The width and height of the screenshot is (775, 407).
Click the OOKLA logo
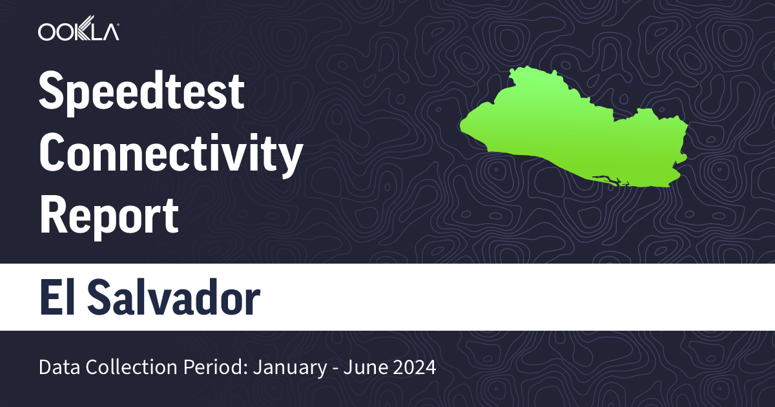coord(78,32)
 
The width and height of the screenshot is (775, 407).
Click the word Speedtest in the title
coord(141,93)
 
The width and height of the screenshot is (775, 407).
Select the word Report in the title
coord(108,216)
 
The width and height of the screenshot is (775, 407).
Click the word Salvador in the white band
coord(173,297)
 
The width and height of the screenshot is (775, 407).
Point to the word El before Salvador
coord(56,297)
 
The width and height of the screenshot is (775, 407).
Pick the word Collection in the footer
coord(118,368)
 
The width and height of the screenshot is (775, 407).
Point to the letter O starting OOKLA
coord(47,32)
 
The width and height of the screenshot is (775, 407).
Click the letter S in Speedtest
coord(51,93)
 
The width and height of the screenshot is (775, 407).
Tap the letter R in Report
coord(52,216)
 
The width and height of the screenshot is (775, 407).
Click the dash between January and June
coord(331,369)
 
